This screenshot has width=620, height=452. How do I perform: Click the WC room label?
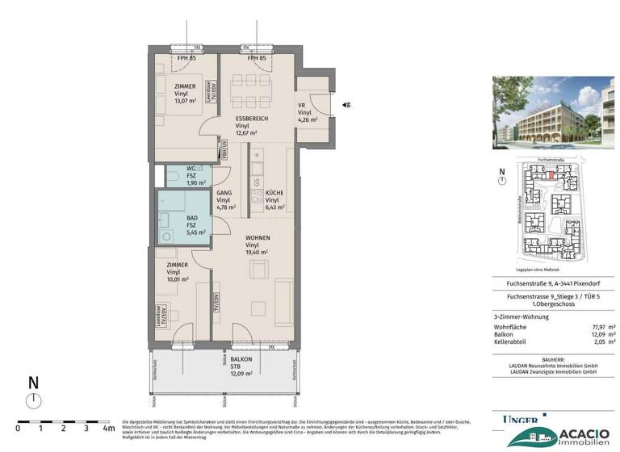180,168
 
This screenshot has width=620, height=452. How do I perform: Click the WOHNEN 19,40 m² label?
258,238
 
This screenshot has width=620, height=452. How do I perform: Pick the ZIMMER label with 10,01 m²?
178,265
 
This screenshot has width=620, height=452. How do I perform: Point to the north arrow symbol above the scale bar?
32,399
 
